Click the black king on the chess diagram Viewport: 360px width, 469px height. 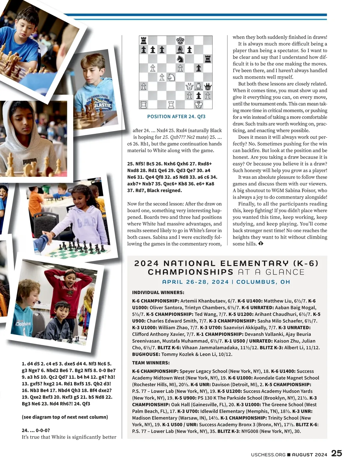[180, 40]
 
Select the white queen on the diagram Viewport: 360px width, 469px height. [189, 87]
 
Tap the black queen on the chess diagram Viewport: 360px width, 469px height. [207, 87]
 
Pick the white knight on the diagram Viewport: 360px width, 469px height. [171, 77]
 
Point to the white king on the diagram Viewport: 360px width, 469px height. [198, 105]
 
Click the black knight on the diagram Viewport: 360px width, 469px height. [180, 59]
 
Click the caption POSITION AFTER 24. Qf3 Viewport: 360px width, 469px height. [176, 116]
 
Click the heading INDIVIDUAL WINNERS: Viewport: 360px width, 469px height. [158, 292]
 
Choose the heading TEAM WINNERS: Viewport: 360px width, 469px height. [151, 363]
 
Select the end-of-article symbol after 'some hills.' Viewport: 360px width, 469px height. [261, 243]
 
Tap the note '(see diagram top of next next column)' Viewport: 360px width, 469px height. [65, 417]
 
